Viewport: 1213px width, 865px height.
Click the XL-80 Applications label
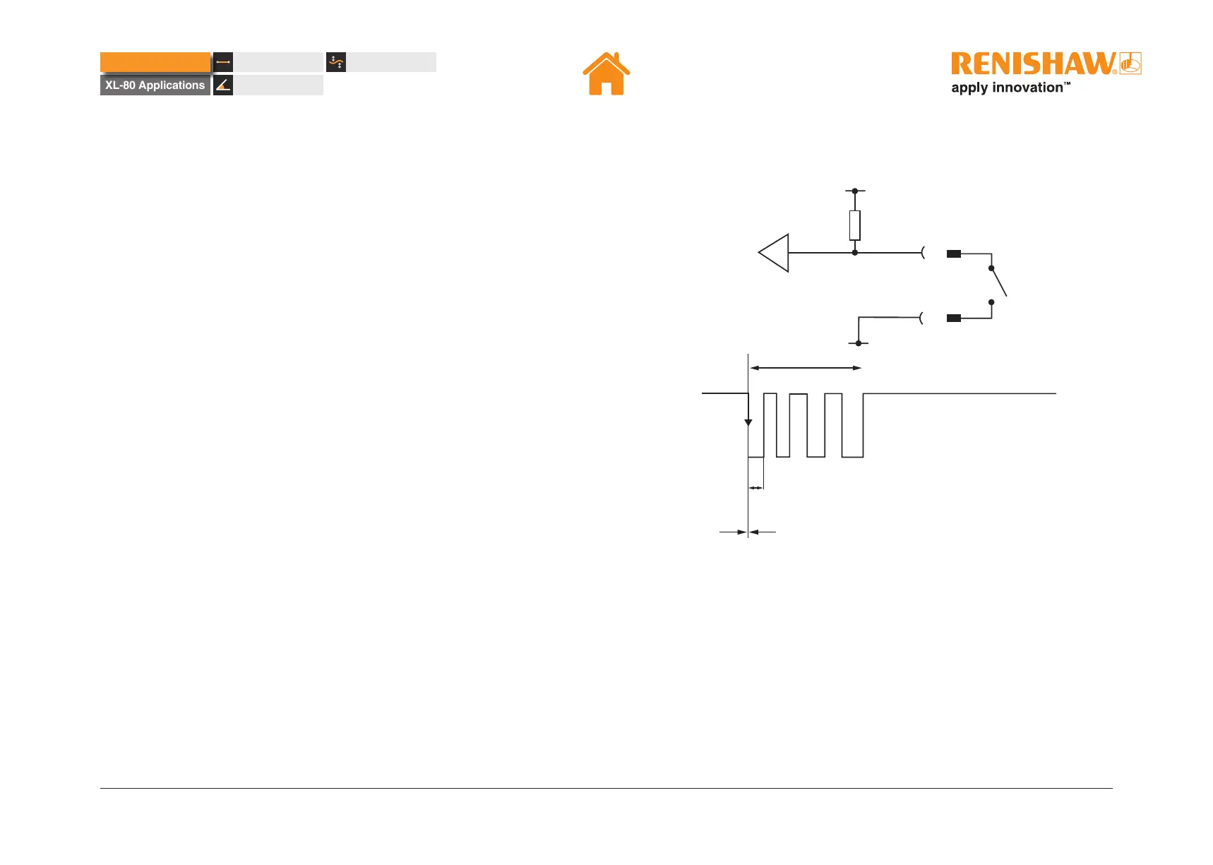pos(155,85)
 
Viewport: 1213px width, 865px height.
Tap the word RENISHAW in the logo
pos(1033,64)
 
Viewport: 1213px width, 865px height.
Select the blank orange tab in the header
pos(155,62)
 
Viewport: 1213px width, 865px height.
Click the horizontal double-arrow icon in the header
pos(223,62)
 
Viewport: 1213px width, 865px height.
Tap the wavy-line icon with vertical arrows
pos(336,62)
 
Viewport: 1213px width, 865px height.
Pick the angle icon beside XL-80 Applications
pos(223,85)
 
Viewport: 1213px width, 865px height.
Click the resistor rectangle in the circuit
pos(854,225)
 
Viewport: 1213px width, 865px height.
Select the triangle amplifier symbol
pos(775,253)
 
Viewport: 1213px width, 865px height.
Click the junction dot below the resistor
pos(854,253)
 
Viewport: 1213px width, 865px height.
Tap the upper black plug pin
pos(954,253)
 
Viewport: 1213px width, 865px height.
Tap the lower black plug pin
pos(954,318)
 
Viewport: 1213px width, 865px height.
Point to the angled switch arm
pos(998,282)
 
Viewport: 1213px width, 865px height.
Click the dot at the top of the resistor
pos(854,191)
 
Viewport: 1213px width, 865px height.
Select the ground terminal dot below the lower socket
pos(859,343)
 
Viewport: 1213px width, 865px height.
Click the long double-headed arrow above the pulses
pos(806,368)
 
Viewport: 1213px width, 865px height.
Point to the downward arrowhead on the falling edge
pos(748,422)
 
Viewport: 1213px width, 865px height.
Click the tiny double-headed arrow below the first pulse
pos(756,488)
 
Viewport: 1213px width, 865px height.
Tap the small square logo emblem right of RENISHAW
pos(1130,64)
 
